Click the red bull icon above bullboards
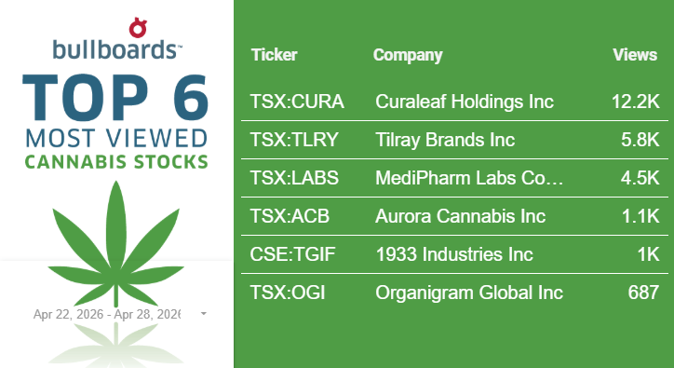[x=138, y=28]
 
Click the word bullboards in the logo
[x=115, y=49]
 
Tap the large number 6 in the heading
[x=191, y=97]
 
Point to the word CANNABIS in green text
[x=75, y=162]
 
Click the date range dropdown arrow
[x=204, y=314]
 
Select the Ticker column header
[x=275, y=55]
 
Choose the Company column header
[x=408, y=55]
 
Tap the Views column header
[x=635, y=55]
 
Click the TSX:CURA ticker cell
[x=297, y=102]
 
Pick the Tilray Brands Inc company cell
[x=445, y=140]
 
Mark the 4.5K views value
[x=640, y=178]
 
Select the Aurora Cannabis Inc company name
[x=461, y=216]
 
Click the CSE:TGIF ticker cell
[x=292, y=254]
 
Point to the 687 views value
[x=643, y=293]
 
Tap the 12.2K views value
[x=635, y=102]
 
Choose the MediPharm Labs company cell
[x=469, y=178]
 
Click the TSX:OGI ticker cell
[x=287, y=293]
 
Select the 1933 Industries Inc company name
[x=454, y=254]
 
